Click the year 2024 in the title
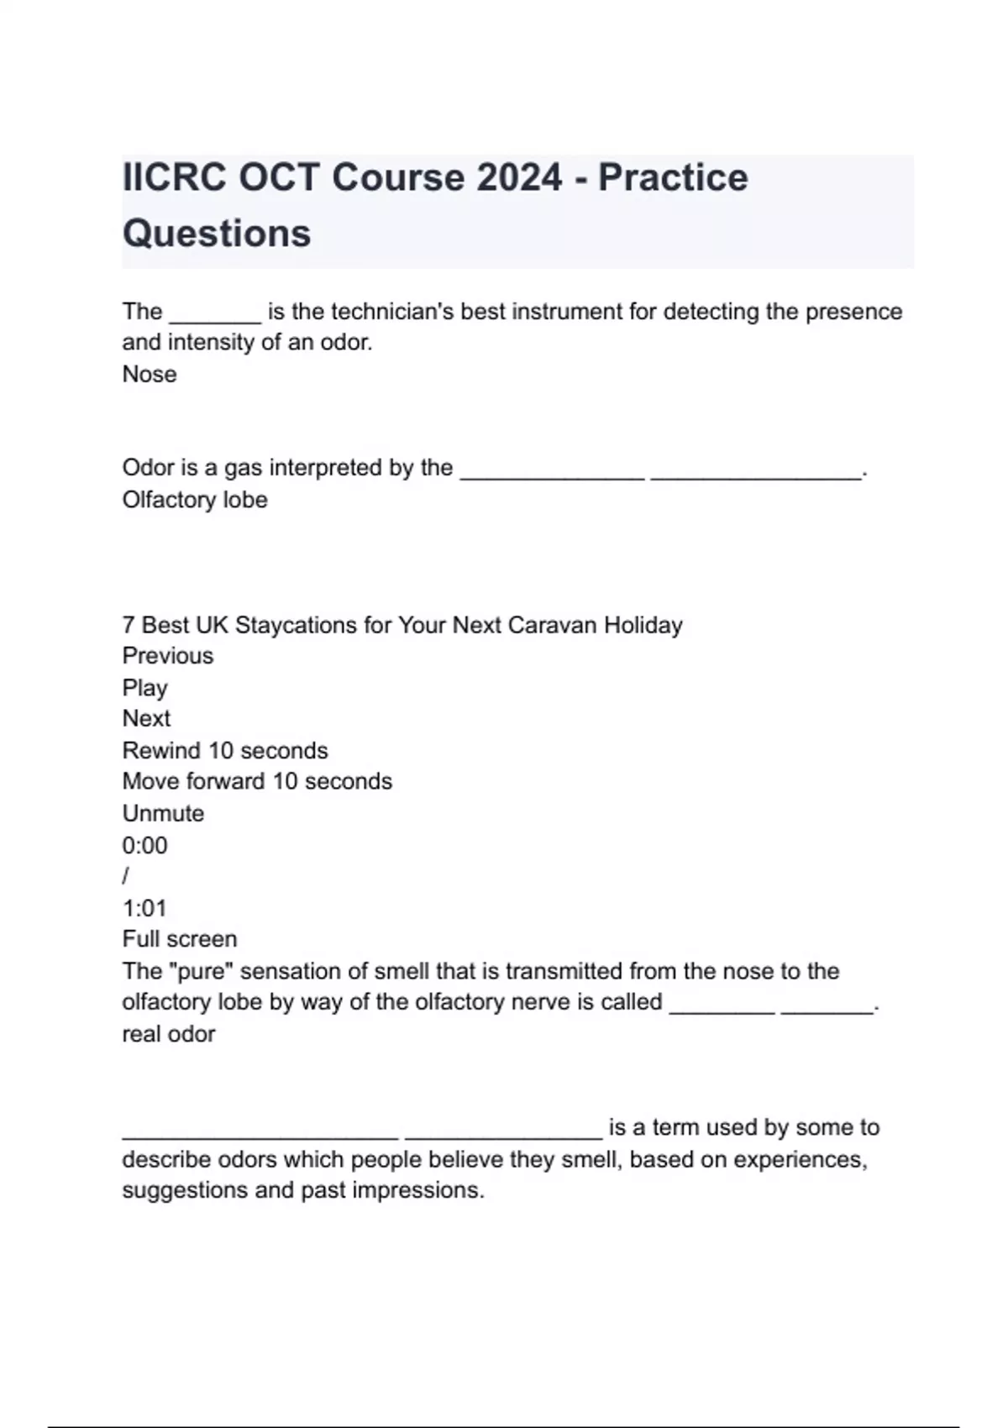tap(519, 178)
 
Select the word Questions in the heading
tap(217, 234)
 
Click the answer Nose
tap(150, 375)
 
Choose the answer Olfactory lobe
tap(195, 500)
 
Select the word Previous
tap(168, 656)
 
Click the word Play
tap(144, 688)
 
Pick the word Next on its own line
tap(146, 719)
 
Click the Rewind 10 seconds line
tap(225, 750)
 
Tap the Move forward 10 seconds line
tap(257, 781)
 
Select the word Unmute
tap(163, 813)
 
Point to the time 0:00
tap(144, 845)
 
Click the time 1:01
tap(144, 908)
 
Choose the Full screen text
tap(180, 939)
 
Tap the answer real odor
tap(169, 1034)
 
